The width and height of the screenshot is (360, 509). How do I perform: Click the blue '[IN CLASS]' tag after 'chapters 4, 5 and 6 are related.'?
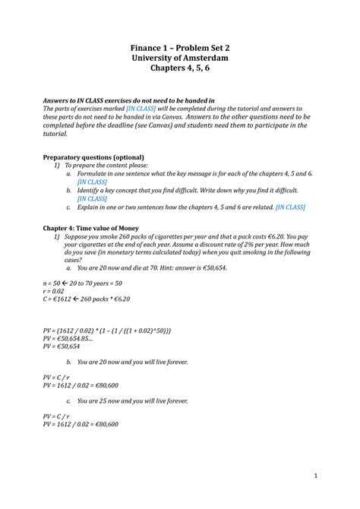(x=290, y=206)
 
